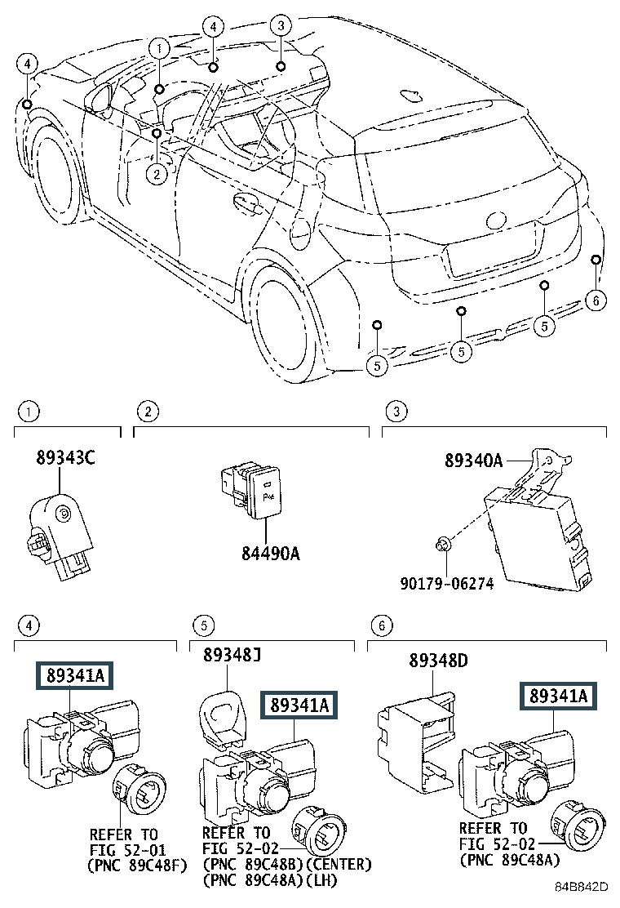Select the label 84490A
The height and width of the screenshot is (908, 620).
coord(271,554)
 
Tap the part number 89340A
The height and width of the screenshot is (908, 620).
coord(474,461)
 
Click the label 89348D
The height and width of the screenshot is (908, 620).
coord(438,660)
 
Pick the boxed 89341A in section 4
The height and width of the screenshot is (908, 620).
coord(75,675)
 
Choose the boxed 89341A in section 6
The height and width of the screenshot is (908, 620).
coord(559,696)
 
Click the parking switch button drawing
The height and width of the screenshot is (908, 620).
coord(250,490)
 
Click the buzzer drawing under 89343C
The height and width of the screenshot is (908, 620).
coord(60,532)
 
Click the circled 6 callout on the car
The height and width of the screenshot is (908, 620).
coord(596,300)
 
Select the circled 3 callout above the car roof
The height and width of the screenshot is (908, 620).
coord(281,25)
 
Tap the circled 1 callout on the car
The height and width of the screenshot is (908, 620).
coord(159,49)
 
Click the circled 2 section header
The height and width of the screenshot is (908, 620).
coord(148,412)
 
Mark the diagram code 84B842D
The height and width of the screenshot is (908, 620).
coord(581,887)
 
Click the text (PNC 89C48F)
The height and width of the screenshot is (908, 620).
coord(137,866)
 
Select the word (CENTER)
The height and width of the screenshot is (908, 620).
coord(339,865)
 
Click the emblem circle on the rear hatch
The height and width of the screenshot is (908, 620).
coord(496,220)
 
